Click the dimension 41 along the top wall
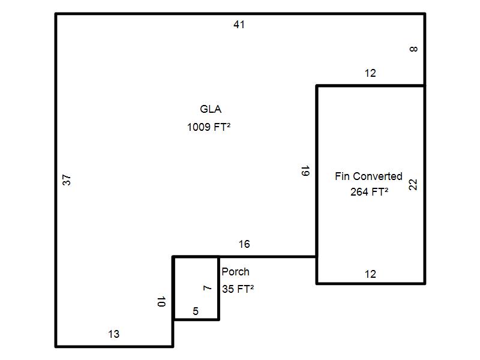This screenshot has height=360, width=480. [239, 25]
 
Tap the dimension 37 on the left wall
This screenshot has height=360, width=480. [67, 179]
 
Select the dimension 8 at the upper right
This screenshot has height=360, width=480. [413, 49]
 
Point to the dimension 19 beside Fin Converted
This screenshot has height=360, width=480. [305, 171]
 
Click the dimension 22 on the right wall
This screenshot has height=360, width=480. [413, 184]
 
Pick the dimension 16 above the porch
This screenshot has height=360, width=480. [244, 244]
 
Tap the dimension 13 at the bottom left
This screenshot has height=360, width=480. [113, 334]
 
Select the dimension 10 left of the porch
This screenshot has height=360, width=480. [161, 302]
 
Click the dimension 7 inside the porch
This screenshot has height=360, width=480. [208, 289]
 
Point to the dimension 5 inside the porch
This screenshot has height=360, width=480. [196, 311]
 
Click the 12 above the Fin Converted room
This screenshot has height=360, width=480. [370, 73]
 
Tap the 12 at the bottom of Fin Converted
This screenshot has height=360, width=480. [370, 274]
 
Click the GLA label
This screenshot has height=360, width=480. [211, 109]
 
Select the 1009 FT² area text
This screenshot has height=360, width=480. [209, 127]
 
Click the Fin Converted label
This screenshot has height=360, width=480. [368, 176]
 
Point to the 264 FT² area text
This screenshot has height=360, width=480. [369, 192]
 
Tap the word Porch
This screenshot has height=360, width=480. [235, 272]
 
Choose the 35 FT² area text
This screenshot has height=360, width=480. [238, 289]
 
